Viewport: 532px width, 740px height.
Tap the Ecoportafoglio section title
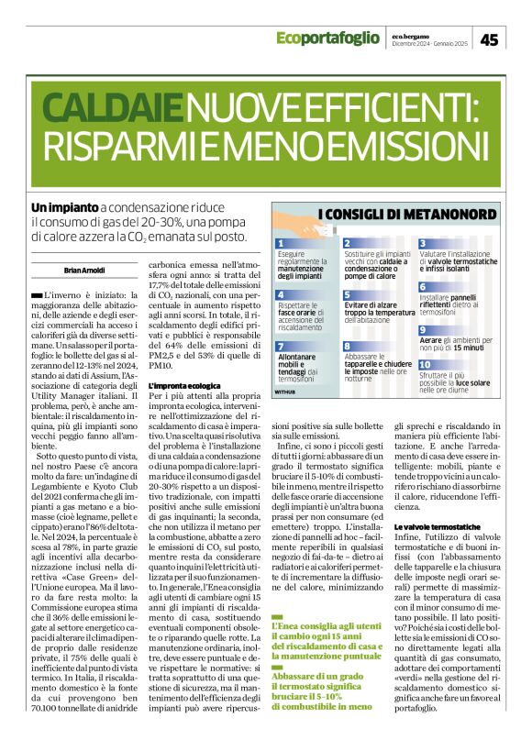(327, 38)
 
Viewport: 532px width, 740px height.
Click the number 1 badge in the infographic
(284, 243)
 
